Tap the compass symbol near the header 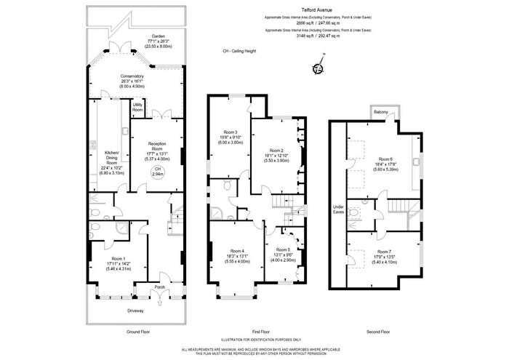[x=317, y=69]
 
